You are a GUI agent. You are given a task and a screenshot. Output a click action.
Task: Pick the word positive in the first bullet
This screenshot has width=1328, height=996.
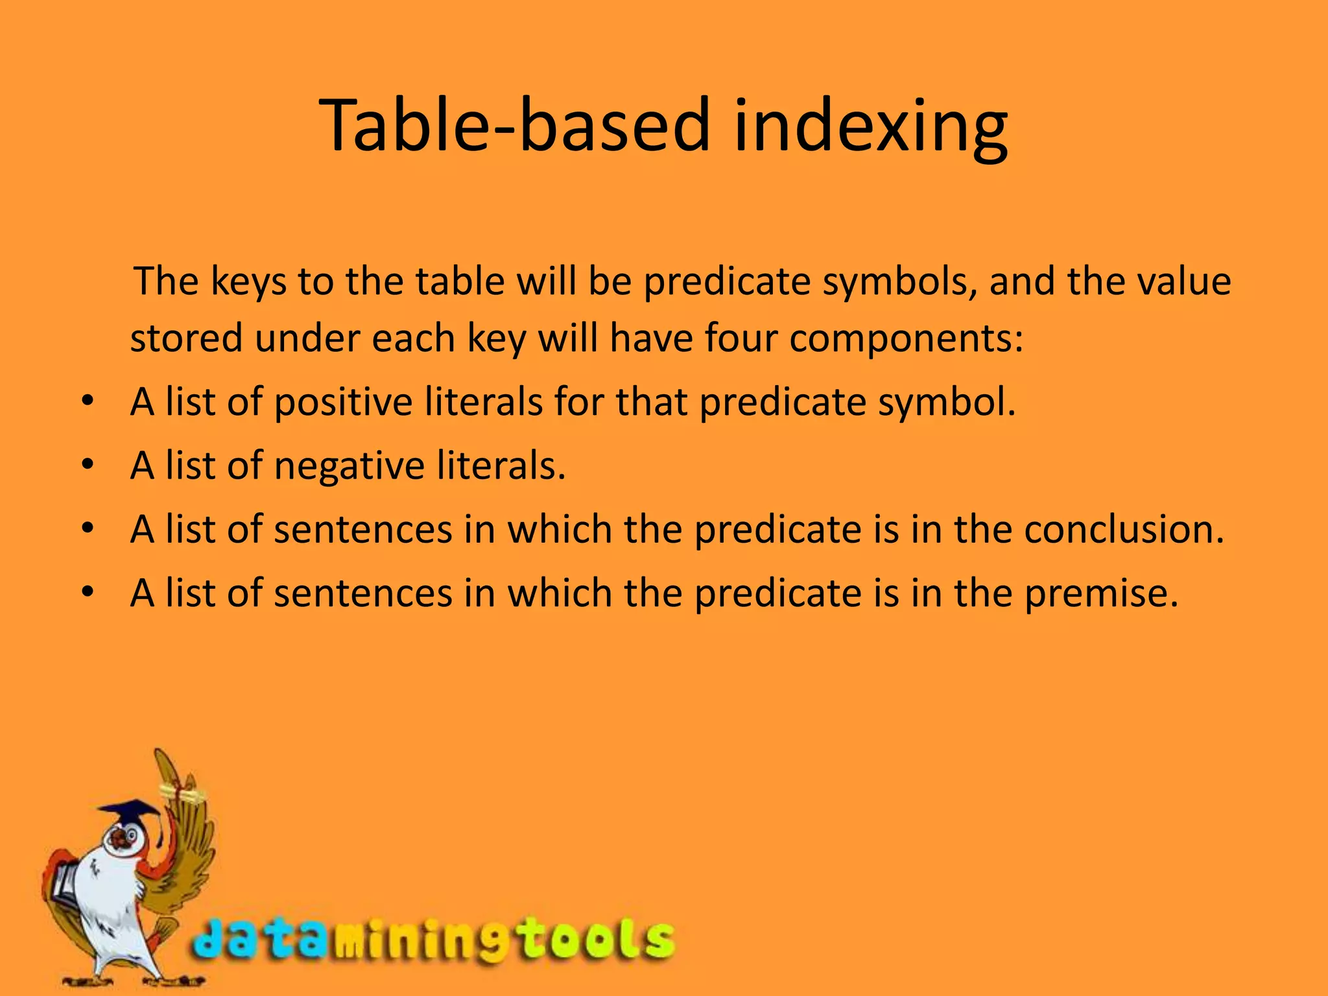coord(343,403)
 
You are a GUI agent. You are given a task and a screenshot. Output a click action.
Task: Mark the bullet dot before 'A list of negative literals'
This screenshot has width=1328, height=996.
coord(88,465)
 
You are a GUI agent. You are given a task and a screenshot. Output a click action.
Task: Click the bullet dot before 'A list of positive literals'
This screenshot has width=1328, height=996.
coord(88,401)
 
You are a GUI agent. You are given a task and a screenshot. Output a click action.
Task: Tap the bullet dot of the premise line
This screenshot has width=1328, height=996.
coord(88,591)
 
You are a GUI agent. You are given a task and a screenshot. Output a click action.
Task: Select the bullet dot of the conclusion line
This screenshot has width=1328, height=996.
coord(88,528)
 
